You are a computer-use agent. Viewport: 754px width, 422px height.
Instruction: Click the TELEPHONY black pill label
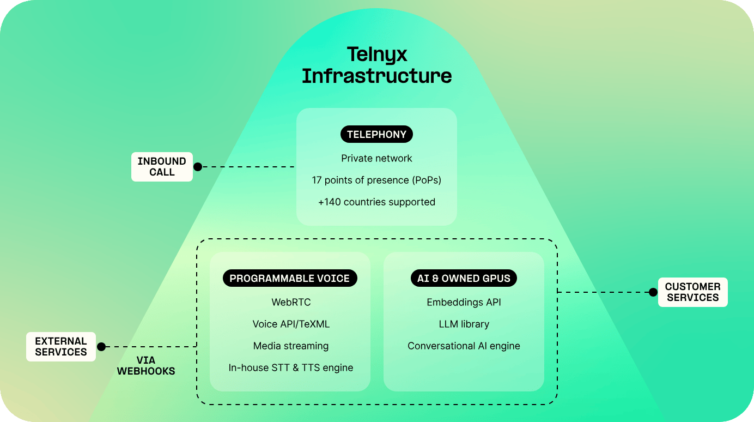pyautogui.click(x=376, y=134)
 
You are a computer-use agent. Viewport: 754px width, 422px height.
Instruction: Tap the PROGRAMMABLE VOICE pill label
pyautogui.click(x=290, y=278)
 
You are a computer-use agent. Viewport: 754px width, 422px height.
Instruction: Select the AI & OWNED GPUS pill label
pyautogui.click(x=464, y=278)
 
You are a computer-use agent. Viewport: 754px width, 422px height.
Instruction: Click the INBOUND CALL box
pyautogui.click(x=162, y=167)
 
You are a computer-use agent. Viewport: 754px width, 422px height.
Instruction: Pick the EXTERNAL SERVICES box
pyautogui.click(x=61, y=347)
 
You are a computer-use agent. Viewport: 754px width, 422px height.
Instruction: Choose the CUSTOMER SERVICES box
pyautogui.click(x=693, y=292)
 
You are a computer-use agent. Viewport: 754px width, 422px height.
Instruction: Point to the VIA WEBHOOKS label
pyautogui.click(x=146, y=366)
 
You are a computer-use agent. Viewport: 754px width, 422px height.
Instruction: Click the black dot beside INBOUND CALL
pyautogui.click(x=198, y=167)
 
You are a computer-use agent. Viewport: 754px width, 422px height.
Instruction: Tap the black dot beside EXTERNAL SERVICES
pyautogui.click(x=101, y=347)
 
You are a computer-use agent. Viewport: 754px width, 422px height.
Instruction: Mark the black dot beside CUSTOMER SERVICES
pyautogui.click(x=653, y=292)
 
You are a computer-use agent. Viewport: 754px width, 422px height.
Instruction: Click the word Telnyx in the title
pyautogui.click(x=377, y=55)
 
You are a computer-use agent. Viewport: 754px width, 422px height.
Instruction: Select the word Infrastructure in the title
pyautogui.click(x=376, y=75)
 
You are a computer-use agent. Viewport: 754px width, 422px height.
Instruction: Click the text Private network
pyautogui.click(x=376, y=158)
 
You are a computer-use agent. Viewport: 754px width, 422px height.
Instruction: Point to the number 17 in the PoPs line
pyautogui.click(x=317, y=180)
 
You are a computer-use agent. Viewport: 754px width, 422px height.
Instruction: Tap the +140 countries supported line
pyautogui.click(x=376, y=202)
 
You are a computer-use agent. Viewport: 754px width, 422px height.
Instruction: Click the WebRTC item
pyautogui.click(x=291, y=302)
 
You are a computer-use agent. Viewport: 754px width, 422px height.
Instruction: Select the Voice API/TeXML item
pyautogui.click(x=291, y=324)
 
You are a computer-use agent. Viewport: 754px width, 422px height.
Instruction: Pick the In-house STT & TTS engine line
pyautogui.click(x=291, y=367)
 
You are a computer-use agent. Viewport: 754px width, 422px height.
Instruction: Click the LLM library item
pyautogui.click(x=464, y=324)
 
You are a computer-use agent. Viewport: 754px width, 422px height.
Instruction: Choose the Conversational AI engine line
pyautogui.click(x=464, y=346)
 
